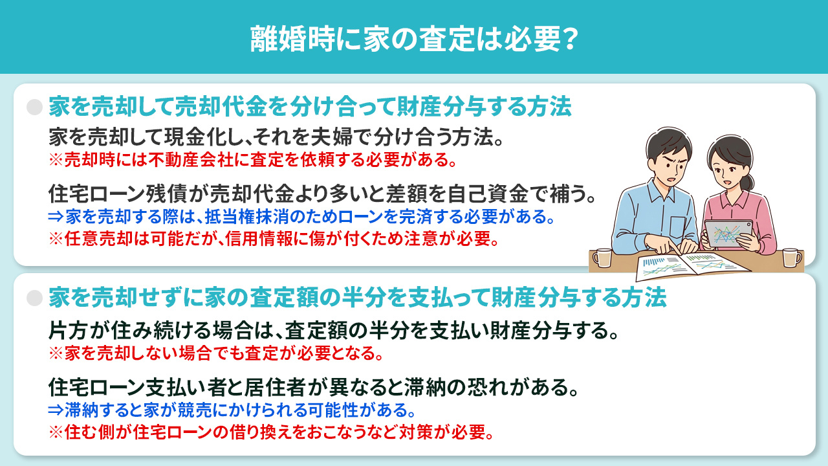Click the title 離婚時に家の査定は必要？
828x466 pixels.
pyautogui.click(x=413, y=38)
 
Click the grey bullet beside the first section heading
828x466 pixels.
pyautogui.click(x=34, y=107)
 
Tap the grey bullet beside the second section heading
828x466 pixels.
pyautogui.click(x=34, y=298)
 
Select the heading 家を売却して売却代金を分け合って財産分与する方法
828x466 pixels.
pyautogui.click(x=310, y=107)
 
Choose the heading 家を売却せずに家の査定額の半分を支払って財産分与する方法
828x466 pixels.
pyautogui.click(x=357, y=298)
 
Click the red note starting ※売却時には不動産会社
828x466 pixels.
pyautogui.click(x=257, y=159)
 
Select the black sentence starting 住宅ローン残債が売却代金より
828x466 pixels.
pyautogui.click(x=321, y=194)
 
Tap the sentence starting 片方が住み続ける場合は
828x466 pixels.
pyautogui.click(x=332, y=331)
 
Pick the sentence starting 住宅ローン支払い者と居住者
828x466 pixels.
pyautogui.click(x=313, y=388)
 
